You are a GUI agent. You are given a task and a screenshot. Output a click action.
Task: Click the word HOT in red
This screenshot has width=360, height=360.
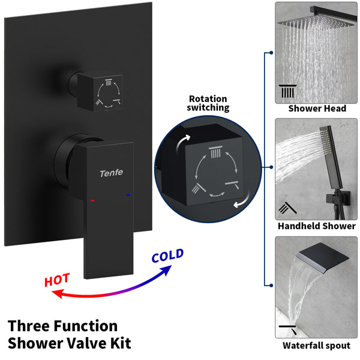(57, 279)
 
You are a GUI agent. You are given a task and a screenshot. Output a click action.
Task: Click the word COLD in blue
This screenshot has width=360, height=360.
(167, 256)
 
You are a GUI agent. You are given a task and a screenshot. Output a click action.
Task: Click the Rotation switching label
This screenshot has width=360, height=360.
(208, 103)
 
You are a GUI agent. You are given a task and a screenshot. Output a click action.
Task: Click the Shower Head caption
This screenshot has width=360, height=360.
(317, 109)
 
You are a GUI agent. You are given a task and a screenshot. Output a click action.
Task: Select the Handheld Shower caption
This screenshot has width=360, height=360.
(317, 226)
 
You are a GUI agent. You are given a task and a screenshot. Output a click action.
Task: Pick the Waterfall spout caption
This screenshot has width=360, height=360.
(317, 345)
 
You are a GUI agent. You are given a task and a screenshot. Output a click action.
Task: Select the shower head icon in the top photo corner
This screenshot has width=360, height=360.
(287, 92)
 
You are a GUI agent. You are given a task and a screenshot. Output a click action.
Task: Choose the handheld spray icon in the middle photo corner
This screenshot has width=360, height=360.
(285, 209)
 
